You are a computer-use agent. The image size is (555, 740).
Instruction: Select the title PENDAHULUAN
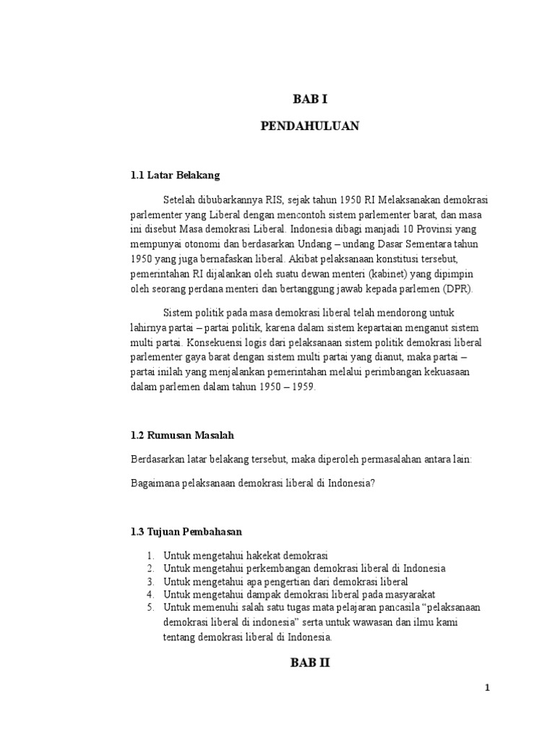pyautogui.click(x=309, y=126)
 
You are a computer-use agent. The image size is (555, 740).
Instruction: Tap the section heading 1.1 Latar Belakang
pyautogui.click(x=175, y=175)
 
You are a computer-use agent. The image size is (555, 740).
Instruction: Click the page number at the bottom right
pyautogui.click(x=488, y=688)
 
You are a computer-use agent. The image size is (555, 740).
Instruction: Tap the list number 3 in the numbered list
pyautogui.click(x=150, y=581)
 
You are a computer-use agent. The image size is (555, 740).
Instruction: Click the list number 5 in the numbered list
pyautogui.click(x=150, y=607)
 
